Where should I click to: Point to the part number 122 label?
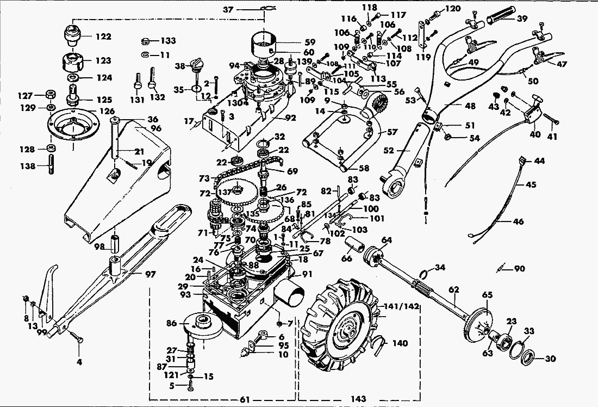(103, 36)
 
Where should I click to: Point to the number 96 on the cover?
(156, 129)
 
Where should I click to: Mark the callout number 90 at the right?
(519, 268)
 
